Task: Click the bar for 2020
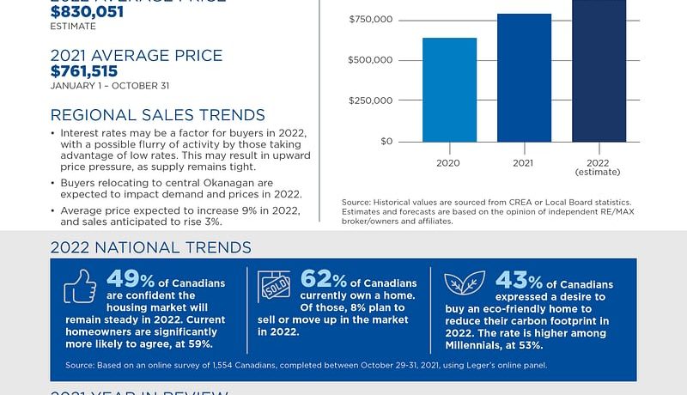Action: coord(449,90)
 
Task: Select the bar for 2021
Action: coord(524,78)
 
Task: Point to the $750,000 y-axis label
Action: coord(371,19)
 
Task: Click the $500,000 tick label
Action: coord(371,60)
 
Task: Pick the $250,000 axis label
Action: coord(371,100)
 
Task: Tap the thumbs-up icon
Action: coord(80,287)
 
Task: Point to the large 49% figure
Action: coord(131,280)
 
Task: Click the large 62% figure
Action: coord(325,280)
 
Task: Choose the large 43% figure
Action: coord(520,280)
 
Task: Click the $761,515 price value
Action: coord(84,71)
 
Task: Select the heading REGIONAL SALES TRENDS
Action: coord(157,116)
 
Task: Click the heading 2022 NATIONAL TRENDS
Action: coord(150,247)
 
